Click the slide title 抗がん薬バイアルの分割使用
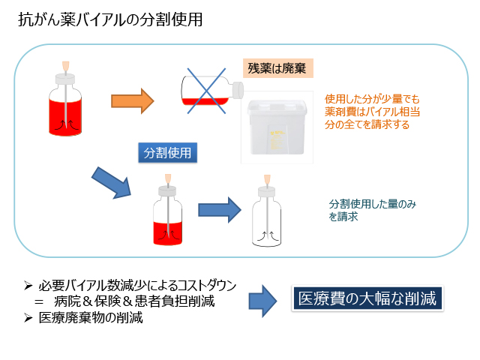pyautogui.click(x=110, y=19)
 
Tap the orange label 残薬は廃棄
pyautogui.click(x=278, y=68)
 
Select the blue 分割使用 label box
pyautogui.click(x=167, y=152)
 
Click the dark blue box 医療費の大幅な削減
pyautogui.click(x=367, y=298)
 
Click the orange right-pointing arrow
pyautogui.click(x=132, y=101)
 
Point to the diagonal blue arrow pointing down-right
pyautogui.click(x=112, y=183)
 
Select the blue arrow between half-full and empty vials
pyautogui.click(x=220, y=210)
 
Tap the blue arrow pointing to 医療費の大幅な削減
pyautogui.click(x=263, y=301)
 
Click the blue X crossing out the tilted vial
pyautogui.click(x=207, y=91)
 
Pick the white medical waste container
pyautogui.click(x=277, y=127)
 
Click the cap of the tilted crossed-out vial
pyautogui.click(x=238, y=90)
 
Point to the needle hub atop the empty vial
pyautogui.click(x=267, y=178)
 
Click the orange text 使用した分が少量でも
pyautogui.click(x=372, y=99)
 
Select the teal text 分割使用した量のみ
pyautogui.click(x=373, y=204)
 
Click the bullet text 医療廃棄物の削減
pyautogui.click(x=91, y=318)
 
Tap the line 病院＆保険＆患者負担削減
pyautogui.click(x=134, y=301)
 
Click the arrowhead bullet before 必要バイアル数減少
pyautogui.click(x=28, y=286)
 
